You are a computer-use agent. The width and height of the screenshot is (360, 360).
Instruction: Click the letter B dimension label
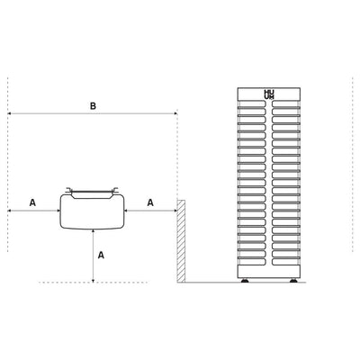[93, 106]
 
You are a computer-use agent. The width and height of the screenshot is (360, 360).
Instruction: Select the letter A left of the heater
[32, 202]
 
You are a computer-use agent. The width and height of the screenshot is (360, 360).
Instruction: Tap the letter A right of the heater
[150, 202]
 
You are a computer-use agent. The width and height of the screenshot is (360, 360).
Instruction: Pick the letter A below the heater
[101, 255]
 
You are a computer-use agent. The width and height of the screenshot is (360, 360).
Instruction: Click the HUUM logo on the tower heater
[269, 94]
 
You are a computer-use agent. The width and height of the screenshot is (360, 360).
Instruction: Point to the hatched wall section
[181, 241]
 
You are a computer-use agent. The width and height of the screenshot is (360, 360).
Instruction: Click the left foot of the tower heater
[245, 281]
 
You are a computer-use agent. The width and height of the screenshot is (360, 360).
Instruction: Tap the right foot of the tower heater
[293, 281]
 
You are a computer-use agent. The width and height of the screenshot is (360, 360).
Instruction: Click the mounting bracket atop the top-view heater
[92, 190]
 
